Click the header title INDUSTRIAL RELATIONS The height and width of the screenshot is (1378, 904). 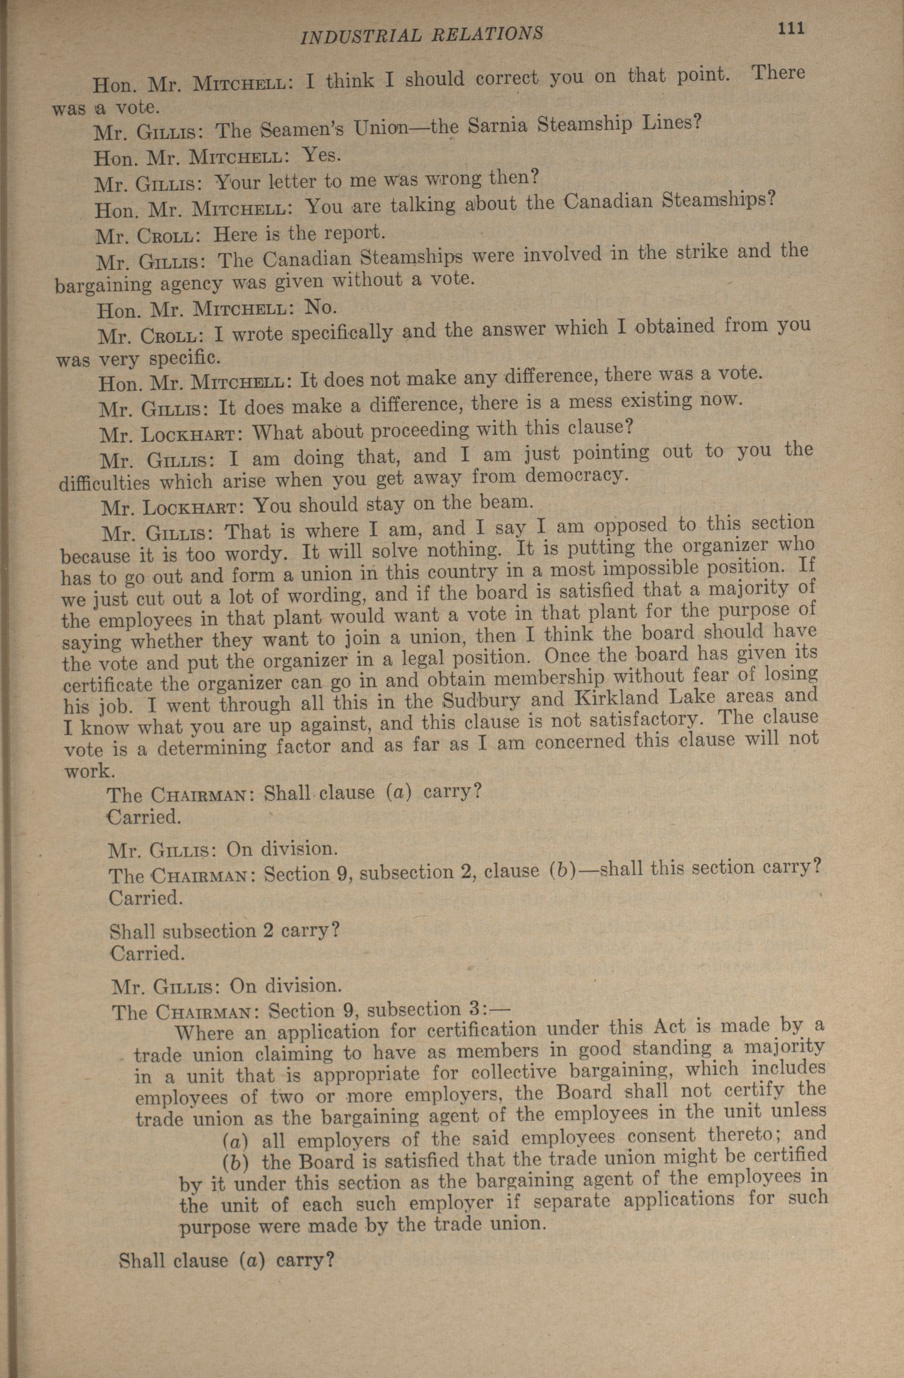(x=422, y=35)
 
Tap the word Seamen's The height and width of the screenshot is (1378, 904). (x=303, y=130)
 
